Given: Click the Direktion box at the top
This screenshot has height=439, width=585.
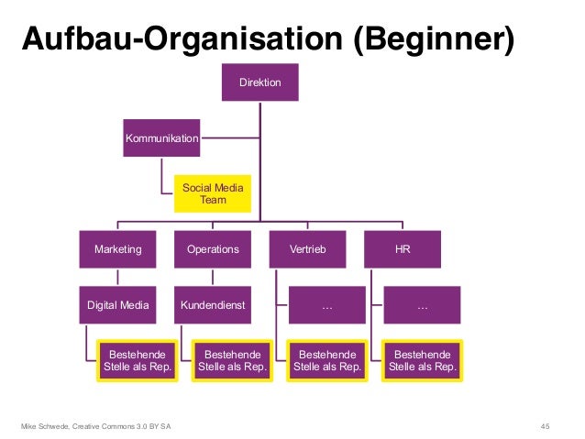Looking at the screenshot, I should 260,83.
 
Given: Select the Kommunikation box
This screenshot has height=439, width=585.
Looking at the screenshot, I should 161,137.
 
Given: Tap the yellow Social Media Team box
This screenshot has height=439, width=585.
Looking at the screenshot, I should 213,192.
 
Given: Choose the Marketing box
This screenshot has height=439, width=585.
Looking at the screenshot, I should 117,248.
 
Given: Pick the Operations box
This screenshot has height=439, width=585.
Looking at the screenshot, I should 213,248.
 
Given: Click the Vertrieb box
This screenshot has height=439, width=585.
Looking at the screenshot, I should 308,248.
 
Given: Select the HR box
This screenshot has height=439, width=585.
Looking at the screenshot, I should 403,248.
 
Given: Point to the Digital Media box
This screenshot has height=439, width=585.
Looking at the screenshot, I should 117,305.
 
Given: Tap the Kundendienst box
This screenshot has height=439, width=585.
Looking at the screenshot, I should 213,305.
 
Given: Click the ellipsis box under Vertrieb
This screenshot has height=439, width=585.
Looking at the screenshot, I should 327,305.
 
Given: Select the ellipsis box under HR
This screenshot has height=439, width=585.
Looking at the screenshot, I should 423,305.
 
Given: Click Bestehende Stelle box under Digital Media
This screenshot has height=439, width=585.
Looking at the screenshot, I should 137,360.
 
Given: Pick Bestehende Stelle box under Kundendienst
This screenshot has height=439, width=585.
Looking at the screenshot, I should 232,360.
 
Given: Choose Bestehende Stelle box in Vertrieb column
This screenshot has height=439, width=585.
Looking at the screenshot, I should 327,360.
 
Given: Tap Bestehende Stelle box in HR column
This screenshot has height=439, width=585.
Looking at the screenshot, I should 423,360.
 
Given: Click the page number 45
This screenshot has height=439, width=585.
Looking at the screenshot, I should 546,425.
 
